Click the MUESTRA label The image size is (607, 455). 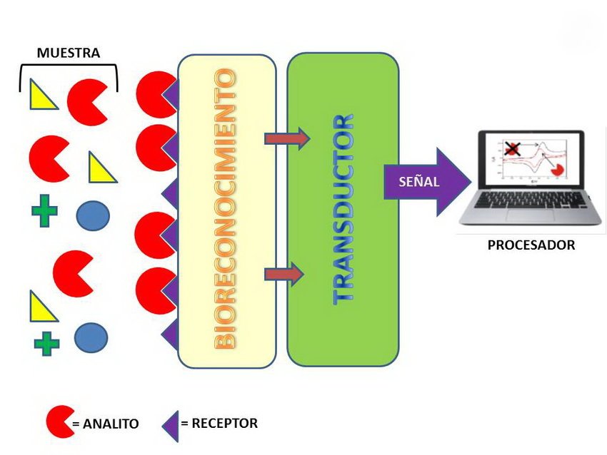click(69, 53)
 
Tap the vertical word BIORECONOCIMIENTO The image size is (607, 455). click(226, 208)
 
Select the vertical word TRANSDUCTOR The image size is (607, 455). click(343, 208)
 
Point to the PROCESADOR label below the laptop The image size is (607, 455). click(531, 245)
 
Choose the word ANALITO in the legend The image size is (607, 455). click(110, 424)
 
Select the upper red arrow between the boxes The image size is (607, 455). click(286, 138)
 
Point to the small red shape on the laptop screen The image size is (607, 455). click(557, 170)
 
